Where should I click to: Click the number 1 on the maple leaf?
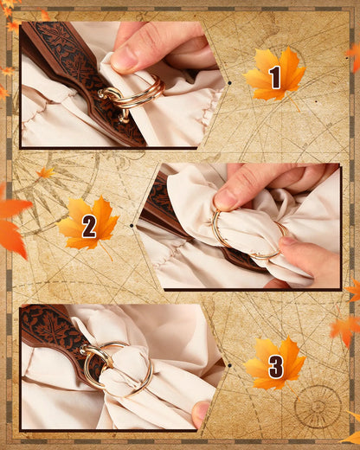click(x=275, y=77)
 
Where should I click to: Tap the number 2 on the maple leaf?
click(x=89, y=226)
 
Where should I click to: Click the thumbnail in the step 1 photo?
click(x=122, y=59)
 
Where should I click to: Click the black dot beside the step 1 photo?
click(x=229, y=83)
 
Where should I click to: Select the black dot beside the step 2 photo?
click(x=132, y=225)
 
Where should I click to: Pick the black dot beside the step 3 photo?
click(x=229, y=365)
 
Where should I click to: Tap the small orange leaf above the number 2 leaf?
click(x=45, y=172)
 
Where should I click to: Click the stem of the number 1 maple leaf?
click(x=293, y=102)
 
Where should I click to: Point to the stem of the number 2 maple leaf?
click(x=106, y=252)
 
